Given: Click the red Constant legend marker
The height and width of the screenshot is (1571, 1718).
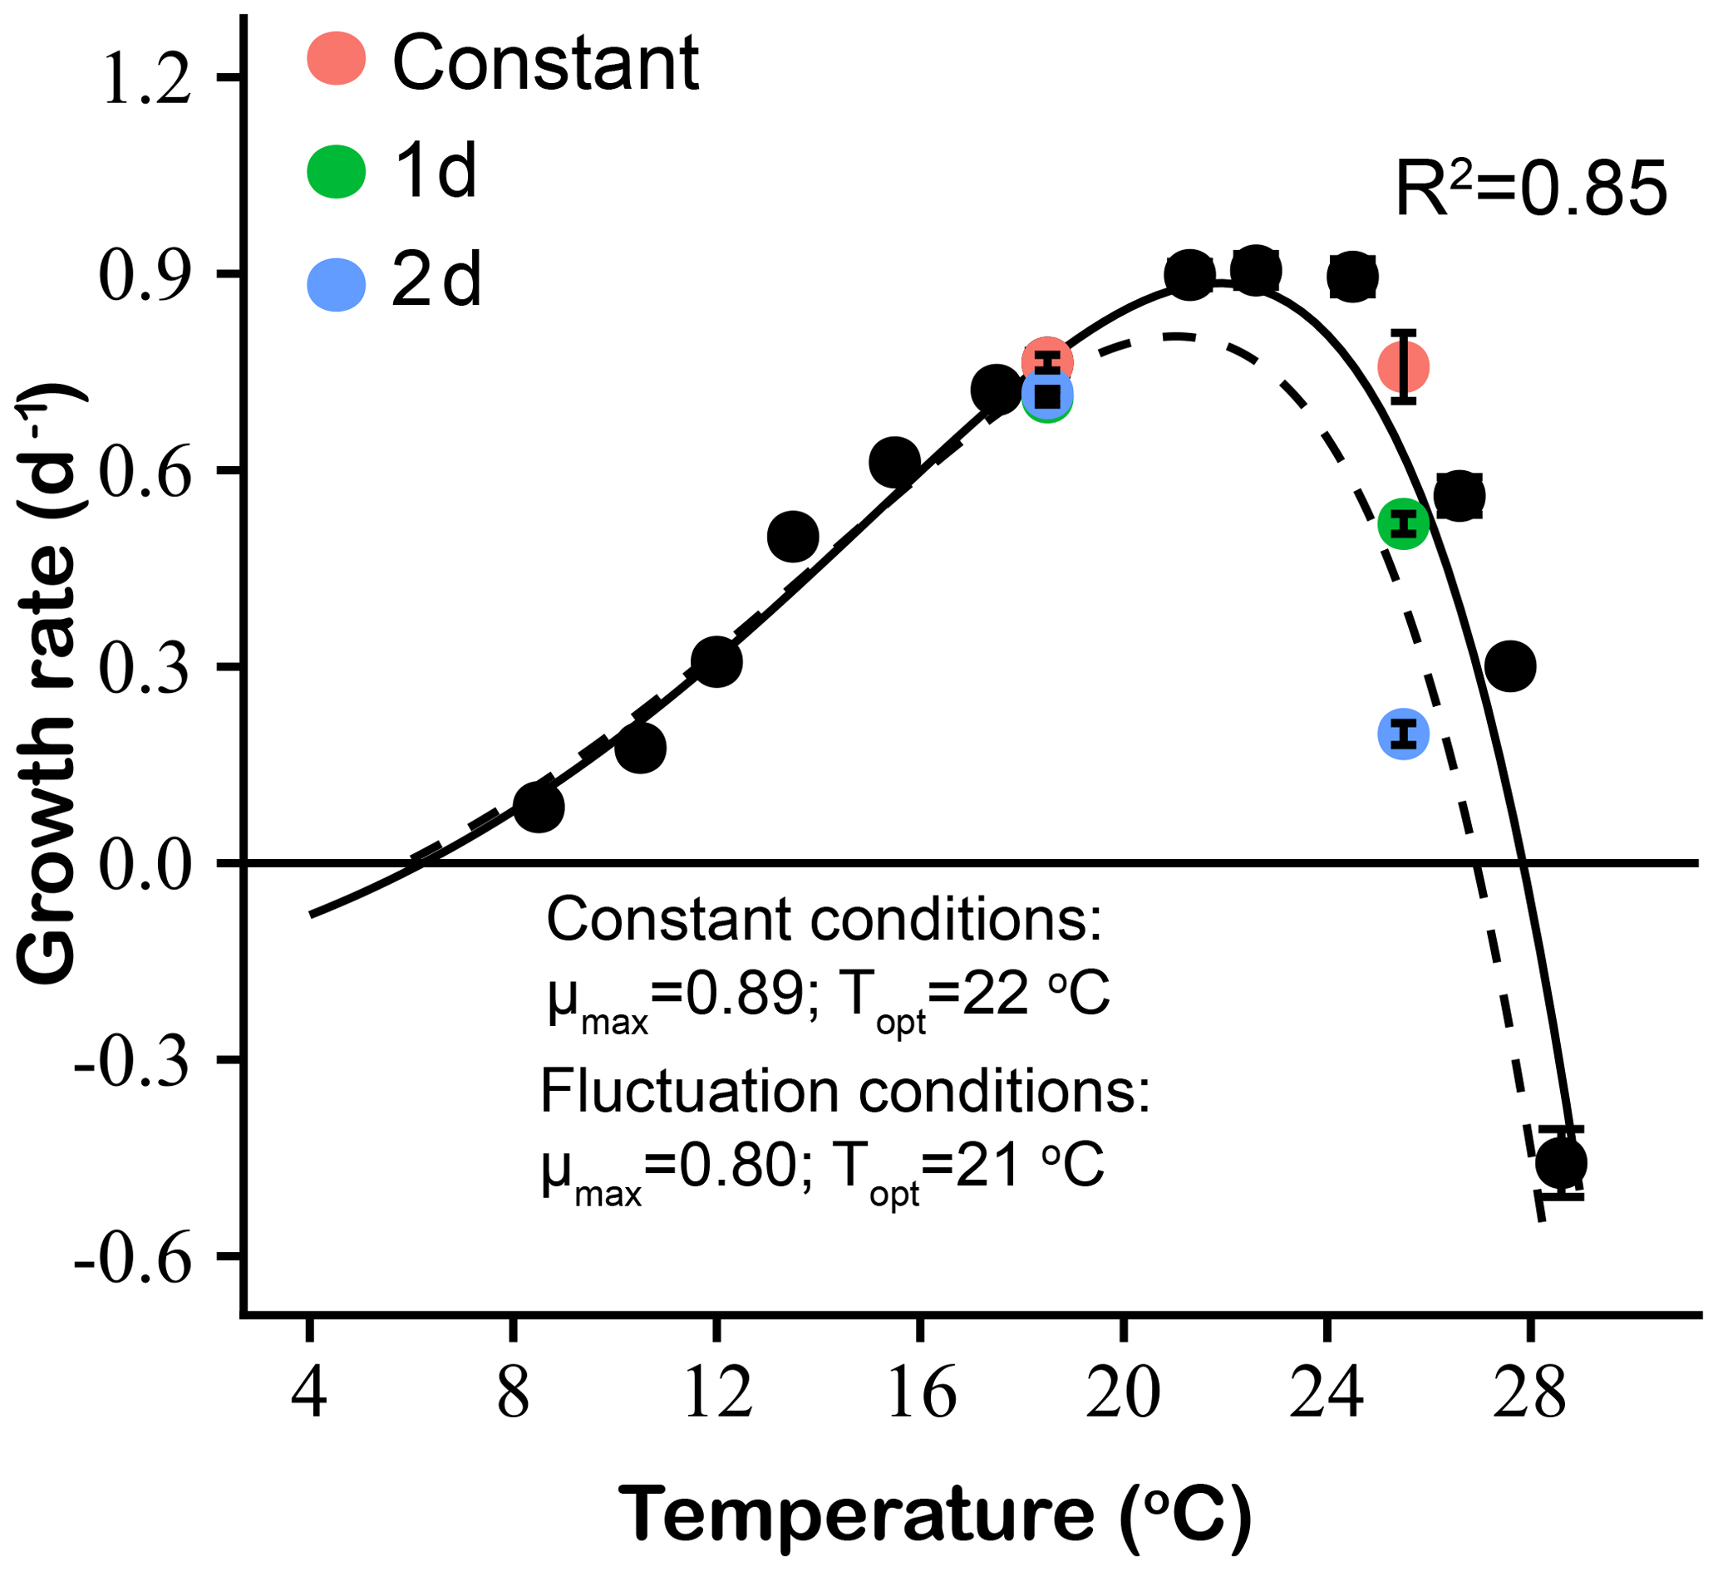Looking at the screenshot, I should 337,59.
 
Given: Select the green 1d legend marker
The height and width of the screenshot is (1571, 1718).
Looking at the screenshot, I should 337,171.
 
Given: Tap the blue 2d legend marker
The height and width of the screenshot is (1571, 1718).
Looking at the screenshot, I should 337,283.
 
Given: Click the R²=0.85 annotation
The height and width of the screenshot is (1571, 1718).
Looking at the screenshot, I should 1529,189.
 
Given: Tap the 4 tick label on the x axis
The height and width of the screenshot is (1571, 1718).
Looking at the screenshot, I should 309,1394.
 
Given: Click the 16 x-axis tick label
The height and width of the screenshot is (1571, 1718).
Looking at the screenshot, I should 919,1394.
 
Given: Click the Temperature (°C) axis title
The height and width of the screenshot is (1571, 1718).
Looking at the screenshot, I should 935,1513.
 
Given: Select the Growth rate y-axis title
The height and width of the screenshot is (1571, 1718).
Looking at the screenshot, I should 49,681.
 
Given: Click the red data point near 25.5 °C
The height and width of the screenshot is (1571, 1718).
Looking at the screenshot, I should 1404,366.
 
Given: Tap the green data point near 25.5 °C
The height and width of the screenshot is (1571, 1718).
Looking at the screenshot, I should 1404,524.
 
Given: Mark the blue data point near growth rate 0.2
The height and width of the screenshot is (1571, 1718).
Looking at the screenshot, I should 1404,733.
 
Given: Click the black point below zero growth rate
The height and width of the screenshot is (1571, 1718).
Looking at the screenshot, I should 1561,1162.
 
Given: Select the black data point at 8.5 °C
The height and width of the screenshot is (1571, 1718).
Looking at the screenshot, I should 539,806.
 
